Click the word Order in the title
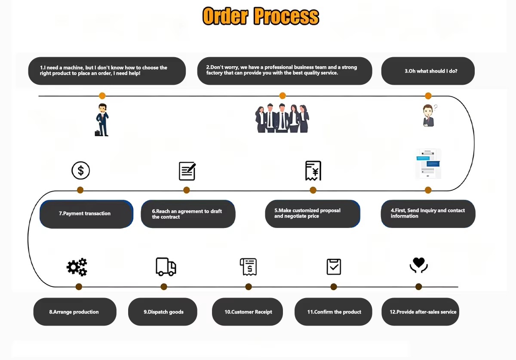pyautogui.click(x=225, y=16)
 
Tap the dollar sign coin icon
pyautogui.click(x=81, y=171)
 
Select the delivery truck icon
pyautogui.click(x=166, y=267)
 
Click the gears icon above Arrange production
pyautogui.click(x=77, y=267)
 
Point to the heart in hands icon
pyautogui.click(x=418, y=265)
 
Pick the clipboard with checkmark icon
pyautogui.click(x=334, y=267)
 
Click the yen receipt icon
pyautogui.click(x=313, y=171)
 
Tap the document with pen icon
pyautogui.click(x=187, y=171)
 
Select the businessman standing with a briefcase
pyautogui.click(x=102, y=120)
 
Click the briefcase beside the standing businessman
pyautogui.click(x=98, y=133)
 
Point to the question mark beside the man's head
pyautogui.click(x=436, y=108)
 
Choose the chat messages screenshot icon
pyautogui.click(x=428, y=163)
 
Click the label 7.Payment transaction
pyautogui.click(x=85, y=213)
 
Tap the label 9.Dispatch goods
pyautogui.click(x=163, y=312)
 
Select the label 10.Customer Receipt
pyautogui.click(x=248, y=312)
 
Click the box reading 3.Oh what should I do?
pyautogui.click(x=428, y=71)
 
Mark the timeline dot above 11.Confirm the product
pyautogui.click(x=334, y=287)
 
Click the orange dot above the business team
pyautogui.click(x=283, y=95)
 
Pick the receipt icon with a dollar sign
pyautogui.click(x=249, y=267)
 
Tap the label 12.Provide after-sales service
pyautogui.click(x=423, y=312)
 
